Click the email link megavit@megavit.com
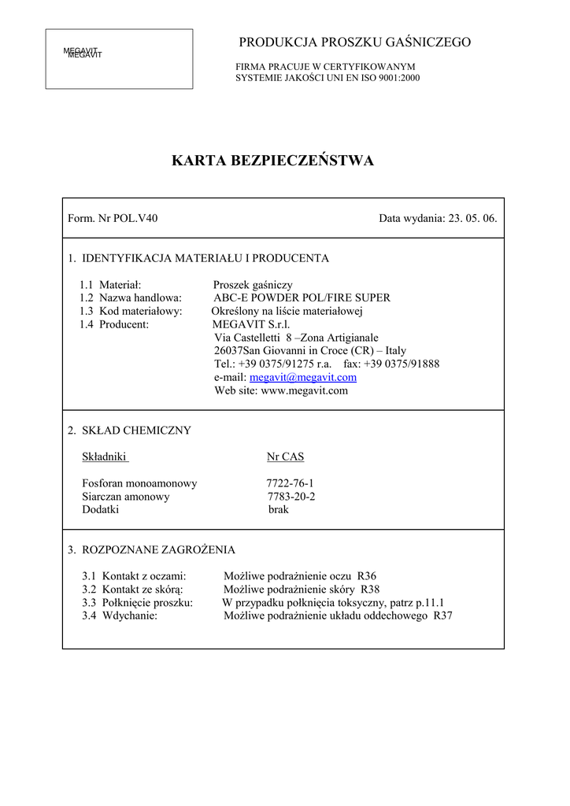click(292, 378)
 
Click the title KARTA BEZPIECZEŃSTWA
click(272, 161)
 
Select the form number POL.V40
click(135, 218)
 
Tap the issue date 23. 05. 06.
click(472, 218)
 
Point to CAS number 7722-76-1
click(291, 483)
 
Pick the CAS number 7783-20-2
click(291, 497)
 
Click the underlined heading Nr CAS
click(286, 457)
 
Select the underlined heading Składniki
click(105, 457)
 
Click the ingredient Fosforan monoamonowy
click(139, 483)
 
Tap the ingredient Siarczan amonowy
click(126, 497)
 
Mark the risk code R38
click(370, 590)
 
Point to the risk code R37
click(443, 616)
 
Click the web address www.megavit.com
click(304, 391)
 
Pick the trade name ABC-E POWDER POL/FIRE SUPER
click(302, 298)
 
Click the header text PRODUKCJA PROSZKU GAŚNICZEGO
click(355, 43)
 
